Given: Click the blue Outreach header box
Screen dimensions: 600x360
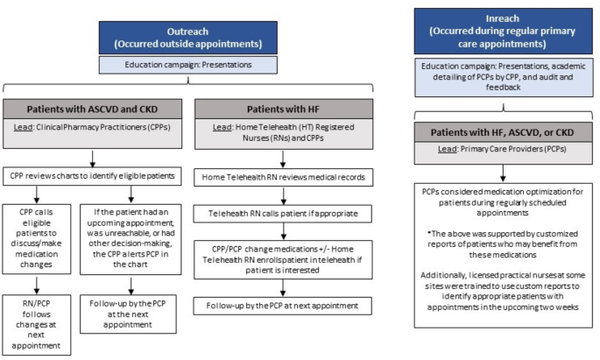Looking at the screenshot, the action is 187,38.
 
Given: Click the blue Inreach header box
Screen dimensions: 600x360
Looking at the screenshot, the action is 503,32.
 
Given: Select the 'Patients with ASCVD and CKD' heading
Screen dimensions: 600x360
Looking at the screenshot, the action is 92,109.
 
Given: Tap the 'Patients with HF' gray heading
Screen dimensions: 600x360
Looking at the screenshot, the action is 284,109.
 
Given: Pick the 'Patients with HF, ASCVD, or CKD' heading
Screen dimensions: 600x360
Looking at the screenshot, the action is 503,132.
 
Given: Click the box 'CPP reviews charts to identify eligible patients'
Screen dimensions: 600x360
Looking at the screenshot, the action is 92,176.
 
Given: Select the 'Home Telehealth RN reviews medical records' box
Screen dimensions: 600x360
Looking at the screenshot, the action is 284,177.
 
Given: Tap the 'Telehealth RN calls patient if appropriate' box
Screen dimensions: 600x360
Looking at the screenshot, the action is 283,214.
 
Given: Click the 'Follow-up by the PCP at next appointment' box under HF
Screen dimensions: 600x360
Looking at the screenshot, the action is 282,306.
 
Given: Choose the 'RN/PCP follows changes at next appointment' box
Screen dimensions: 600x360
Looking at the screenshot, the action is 37,324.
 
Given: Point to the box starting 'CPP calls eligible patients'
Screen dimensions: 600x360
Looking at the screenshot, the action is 37,238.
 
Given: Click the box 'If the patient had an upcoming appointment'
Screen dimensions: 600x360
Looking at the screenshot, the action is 131,238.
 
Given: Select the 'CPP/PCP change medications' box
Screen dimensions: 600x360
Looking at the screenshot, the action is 283,259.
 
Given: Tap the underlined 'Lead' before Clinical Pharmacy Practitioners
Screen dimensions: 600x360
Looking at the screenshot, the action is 23,127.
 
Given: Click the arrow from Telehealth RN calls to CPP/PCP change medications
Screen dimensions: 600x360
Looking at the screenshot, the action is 283,231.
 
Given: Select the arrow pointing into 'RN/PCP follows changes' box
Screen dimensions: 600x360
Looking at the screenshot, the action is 37,285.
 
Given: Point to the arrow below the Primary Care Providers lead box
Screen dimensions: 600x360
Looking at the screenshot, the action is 503,173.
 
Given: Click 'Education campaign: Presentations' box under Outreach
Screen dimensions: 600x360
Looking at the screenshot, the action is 187,65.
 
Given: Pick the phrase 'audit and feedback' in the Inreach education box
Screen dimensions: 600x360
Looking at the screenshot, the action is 536,81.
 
